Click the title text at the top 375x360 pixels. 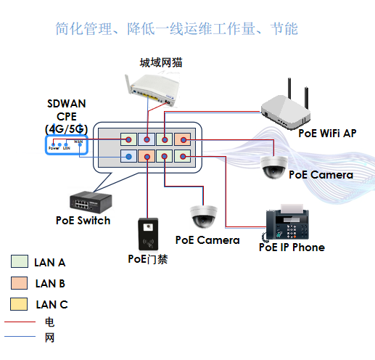[176, 29]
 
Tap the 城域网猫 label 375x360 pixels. [160, 63]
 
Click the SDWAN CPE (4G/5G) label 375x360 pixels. [66, 115]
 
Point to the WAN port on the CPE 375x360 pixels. [78, 143]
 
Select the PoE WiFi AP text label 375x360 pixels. [328, 133]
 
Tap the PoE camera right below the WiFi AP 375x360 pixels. [275, 165]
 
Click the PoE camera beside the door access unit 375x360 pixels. [203, 216]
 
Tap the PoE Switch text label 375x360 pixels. [83, 220]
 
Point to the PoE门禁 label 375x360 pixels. [147, 259]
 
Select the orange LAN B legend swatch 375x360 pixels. [20, 283]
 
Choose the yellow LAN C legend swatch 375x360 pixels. [20, 304]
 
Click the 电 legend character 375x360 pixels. [49, 322]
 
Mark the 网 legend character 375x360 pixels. [49, 337]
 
